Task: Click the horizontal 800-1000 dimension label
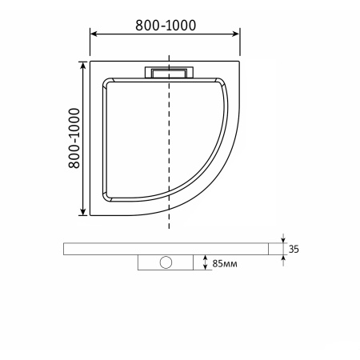pos(165,25)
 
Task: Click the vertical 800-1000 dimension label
pos(73,137)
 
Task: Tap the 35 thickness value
pos(294,250)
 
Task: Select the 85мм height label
pos(223,262)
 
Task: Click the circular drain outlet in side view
pos(168,262)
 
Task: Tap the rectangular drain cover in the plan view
pos(168,72)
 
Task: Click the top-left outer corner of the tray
pos(91,59)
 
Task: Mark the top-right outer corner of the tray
pos(240,59)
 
